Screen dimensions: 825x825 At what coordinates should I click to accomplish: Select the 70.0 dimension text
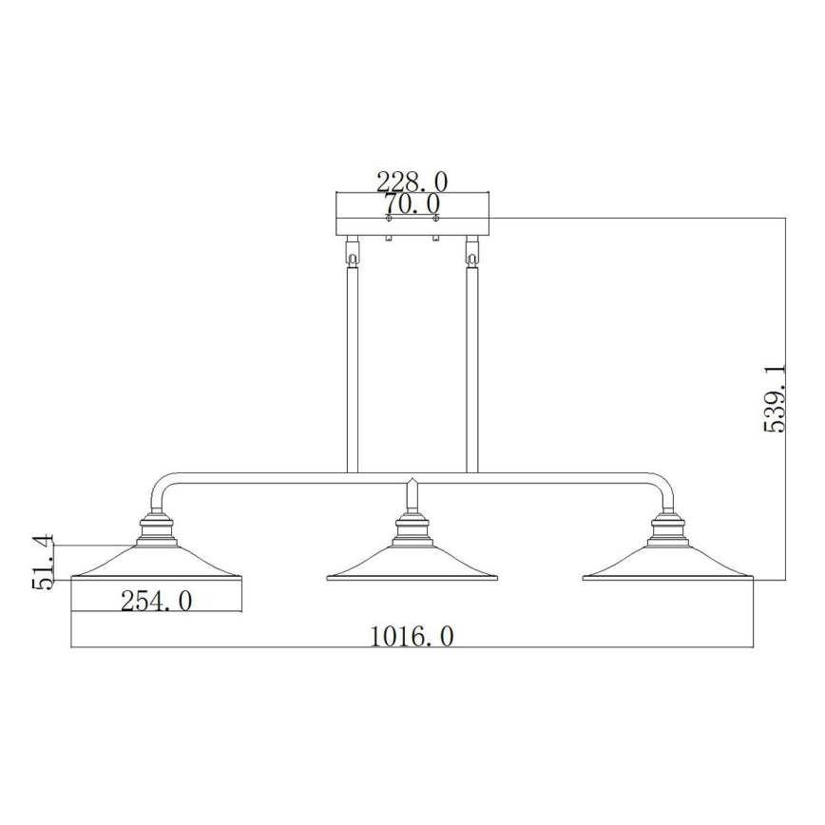[x=412, y=202]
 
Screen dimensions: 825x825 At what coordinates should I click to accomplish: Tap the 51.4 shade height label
[x=44, y=563]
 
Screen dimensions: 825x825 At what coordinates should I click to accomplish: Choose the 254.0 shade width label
[x=157, y=600]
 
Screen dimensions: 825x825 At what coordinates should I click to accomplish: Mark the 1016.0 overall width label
[x=412, y=635]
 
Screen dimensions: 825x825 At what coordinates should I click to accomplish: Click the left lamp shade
[x=157, y=566]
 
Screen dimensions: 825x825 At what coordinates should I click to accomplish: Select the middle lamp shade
[x=412, y=566]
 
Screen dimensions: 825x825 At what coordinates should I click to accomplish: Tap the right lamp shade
[x=667, y=566]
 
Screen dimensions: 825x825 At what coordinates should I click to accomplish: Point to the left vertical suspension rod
[x=353, y=371]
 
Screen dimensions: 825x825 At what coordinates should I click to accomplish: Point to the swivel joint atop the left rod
[x=353, y=255]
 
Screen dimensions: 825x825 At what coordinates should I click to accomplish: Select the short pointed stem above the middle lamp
[x=412, y=494]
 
